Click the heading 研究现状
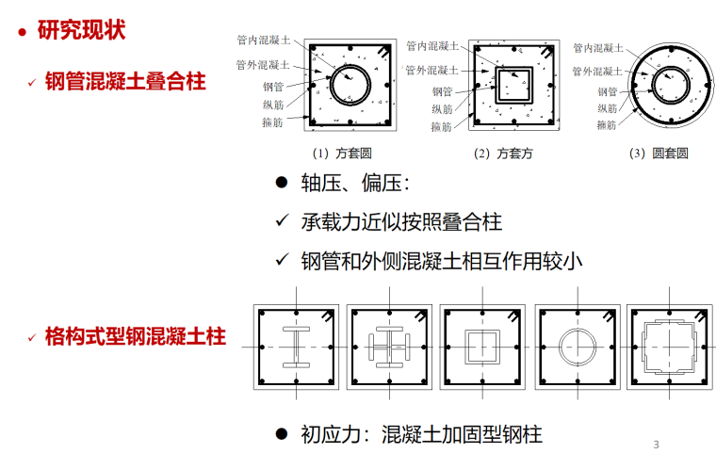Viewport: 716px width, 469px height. pos(81,30)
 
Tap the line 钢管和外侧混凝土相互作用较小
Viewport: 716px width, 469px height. pos(442,260)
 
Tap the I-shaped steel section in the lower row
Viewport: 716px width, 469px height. pos(295,348)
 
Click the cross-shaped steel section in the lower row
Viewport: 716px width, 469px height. pos(387,348)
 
